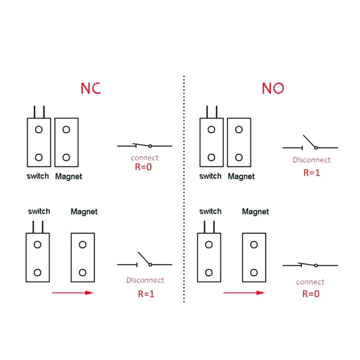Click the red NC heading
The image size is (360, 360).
(91, 88)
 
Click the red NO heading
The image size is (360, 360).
(273, 88)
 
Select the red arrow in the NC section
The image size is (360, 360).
(73, 292)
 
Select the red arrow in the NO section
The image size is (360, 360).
(244, 293)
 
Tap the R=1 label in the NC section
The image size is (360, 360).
(146, 293)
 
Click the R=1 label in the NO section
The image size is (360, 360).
(311, 172)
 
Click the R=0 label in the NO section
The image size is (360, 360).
(310, 293)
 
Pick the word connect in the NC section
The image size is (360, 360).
(144, 158)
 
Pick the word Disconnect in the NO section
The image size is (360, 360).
(311, 160)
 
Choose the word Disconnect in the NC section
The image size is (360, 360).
(145, 280)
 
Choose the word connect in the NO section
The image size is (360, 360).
(310, 282)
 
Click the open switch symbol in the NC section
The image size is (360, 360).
(144, 261)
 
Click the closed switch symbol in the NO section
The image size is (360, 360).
(310, 265)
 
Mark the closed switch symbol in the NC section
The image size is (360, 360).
(144, 145)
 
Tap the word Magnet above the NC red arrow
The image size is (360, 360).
(84, 211)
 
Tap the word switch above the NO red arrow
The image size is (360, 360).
(210, 211)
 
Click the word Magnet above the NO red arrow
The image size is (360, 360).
(255, 211)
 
